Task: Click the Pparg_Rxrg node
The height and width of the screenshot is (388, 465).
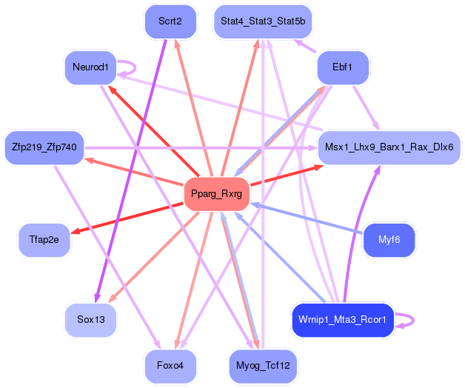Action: click(x=217, y=194)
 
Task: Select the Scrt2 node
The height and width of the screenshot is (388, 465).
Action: click(x=170, y=21)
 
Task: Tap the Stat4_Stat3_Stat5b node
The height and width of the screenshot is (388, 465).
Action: click(x=263, y=21)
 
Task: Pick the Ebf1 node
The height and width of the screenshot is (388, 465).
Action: click(x=342, y=67)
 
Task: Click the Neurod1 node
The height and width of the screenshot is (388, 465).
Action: click(x=90, y=67)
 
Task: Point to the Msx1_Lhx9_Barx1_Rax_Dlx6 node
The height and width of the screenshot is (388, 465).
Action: click(x=390, y=146)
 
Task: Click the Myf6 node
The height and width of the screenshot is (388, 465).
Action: click(x=389, y=240)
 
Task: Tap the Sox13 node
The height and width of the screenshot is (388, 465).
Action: click(x=90, y=320)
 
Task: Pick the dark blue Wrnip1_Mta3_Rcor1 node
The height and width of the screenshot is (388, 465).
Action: click(x=342, y=320)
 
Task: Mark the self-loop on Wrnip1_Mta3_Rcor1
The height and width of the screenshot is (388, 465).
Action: click(x=407, y=320)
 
